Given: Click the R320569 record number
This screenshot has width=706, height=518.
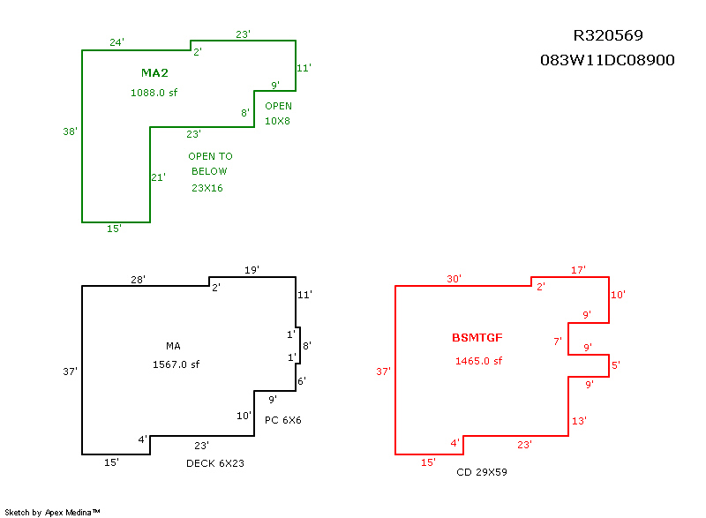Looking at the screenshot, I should pos(608,36).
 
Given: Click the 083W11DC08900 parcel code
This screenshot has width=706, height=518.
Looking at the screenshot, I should pos(607,61).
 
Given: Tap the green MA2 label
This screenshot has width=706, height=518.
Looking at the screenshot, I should pos(154,72).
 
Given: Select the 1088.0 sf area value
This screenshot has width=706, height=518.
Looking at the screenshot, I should pos(154,92).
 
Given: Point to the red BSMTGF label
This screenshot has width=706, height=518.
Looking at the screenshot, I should pos(477,338).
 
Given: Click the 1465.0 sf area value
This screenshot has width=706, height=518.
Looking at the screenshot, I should pos(478,361).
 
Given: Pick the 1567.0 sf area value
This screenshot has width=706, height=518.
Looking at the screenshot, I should pos(176,364).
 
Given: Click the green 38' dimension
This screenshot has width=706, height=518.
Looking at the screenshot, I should pos(71,131).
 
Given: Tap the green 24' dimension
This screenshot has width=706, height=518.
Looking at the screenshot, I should pos(116,42).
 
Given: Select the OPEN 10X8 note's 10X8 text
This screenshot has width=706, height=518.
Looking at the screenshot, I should pos(278,121).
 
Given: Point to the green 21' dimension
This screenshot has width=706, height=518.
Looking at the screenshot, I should pos(159,177).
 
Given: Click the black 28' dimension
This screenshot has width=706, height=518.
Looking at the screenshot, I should pos(139,279).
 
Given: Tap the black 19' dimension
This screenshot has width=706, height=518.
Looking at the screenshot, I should pos(252,270).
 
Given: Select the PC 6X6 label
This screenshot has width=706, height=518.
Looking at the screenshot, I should pos(283,420).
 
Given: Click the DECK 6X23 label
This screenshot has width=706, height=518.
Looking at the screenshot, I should pos(214,463).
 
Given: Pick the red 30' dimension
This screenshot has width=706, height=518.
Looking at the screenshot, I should pos(454,279).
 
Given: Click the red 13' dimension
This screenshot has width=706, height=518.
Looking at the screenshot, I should pos(579,422).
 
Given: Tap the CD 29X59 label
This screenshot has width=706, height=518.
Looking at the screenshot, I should pos(481,473).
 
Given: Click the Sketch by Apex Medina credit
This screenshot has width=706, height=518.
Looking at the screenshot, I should pos(52,512).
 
